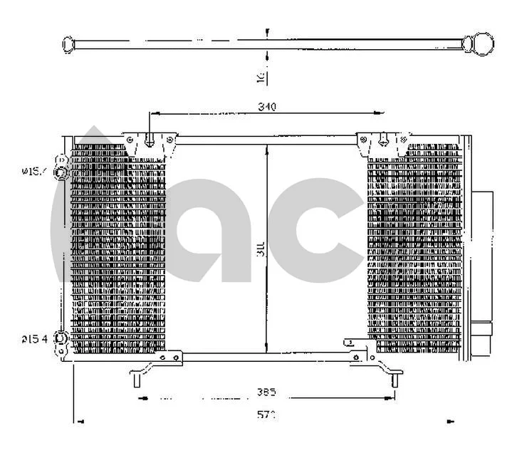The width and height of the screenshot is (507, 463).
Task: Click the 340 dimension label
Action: (x=266, y=107)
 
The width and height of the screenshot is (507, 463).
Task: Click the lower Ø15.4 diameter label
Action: (x=33, y=338)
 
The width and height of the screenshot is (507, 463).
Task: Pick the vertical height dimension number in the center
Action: (x=261, y=249)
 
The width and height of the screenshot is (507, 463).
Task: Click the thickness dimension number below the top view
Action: (x=261, y=76)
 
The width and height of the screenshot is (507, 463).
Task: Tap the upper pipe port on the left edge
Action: (x=62, y=172)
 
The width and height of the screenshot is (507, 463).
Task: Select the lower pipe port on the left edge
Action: (x=62, y=340)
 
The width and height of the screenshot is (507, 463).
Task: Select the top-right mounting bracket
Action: (x=384, y=142)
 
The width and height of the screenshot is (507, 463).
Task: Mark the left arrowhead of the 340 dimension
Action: (x=152, y=113)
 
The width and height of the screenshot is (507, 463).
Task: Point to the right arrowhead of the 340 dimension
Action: (x=381, y=113)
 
